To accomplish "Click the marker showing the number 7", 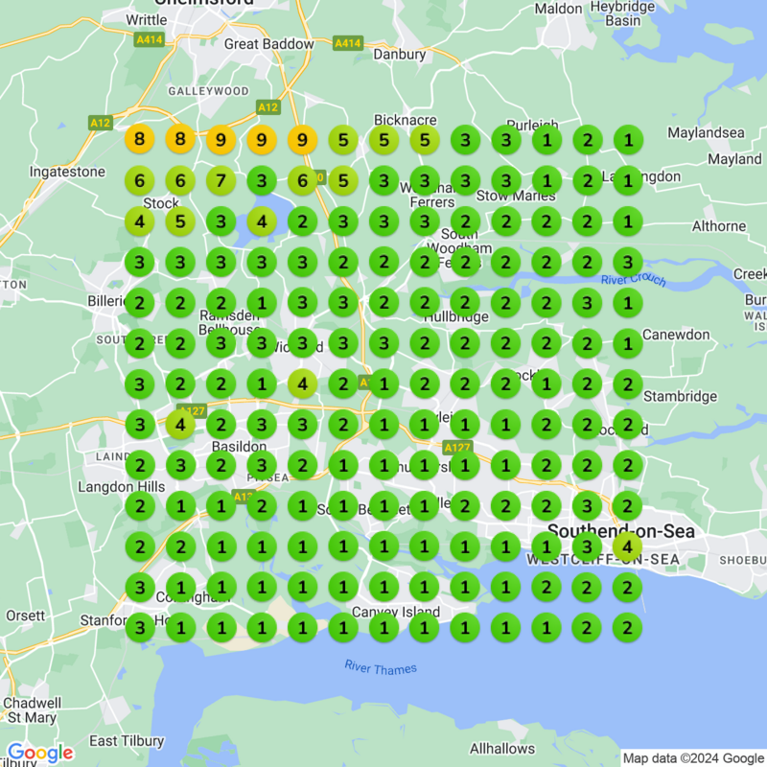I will point(221,179).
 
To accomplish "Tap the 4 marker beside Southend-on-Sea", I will point(627,547).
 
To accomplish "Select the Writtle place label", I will point(146,19).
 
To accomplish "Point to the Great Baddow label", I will point(268,44).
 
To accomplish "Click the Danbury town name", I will point(399,55).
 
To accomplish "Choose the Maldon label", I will point(558,9).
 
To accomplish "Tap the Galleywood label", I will point(208,91).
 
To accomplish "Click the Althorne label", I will point(719,226).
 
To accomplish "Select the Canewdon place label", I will point(676,335).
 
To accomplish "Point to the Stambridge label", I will point(680,396).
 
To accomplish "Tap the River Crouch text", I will point(633,280).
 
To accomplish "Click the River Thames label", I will point(381,668).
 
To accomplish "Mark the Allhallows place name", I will point(501,748).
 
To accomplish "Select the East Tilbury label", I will point(117,741).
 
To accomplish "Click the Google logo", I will point(40,753).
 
